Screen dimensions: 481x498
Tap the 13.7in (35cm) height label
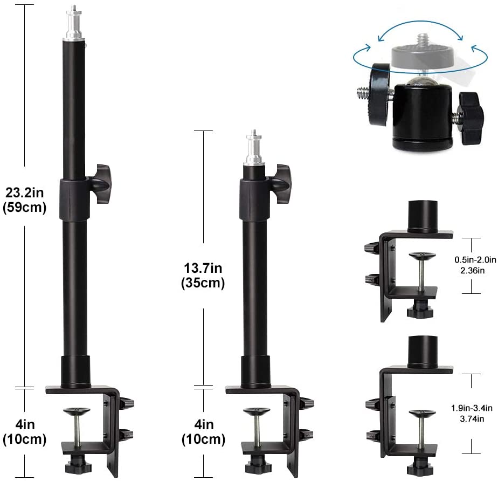tap(203, 276)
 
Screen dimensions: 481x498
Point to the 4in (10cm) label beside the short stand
tap(203, 432)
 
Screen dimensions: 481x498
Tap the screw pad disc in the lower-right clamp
tap(423, 414)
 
